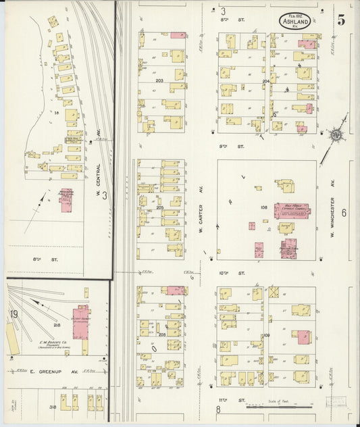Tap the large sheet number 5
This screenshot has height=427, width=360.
click(342, 20)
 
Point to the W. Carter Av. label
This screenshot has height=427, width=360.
click(201, 220)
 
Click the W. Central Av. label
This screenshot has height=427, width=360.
click(98, 140)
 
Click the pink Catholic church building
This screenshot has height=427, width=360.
click(292, 211)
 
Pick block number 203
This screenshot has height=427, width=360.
click(159, 80)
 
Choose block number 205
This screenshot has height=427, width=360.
click(160, 207)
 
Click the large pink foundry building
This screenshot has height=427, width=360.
click(81, 323)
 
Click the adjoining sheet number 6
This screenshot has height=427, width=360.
click(343, 213)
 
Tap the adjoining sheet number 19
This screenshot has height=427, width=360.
click(14, 313)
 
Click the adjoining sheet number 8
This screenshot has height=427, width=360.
click(218, 409)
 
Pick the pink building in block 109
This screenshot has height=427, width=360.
click(303, 336)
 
